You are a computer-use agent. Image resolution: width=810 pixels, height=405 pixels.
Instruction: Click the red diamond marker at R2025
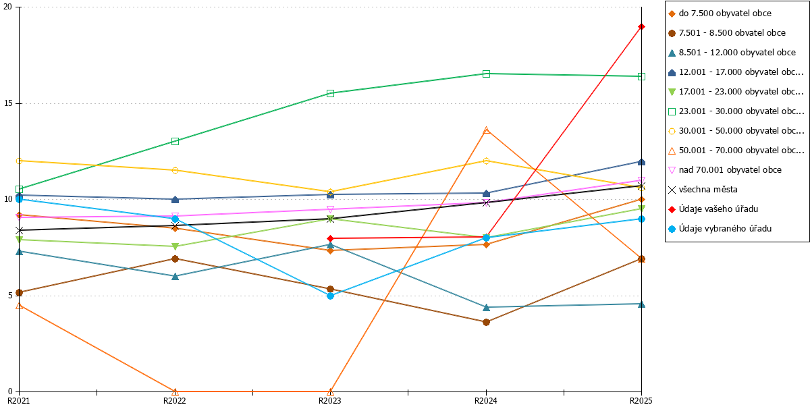[x=641, y=27]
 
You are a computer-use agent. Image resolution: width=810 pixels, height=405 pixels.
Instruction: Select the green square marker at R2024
[x=487, y=74]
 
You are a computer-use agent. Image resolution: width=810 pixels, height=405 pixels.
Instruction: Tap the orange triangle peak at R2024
[x=487, y=130]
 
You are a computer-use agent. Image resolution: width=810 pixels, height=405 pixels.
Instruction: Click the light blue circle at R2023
[x=330, y=296]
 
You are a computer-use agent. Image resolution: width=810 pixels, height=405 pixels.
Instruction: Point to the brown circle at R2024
[x=487, y=322]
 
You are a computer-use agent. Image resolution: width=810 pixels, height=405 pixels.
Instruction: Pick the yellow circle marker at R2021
[x=20, y=161]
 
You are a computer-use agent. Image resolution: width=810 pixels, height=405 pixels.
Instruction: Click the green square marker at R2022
[x=175, y=141]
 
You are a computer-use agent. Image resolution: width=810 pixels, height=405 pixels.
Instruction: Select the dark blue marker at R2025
[x=641, y=162]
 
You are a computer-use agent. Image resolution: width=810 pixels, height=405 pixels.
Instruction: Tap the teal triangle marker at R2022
[x=175, y=277]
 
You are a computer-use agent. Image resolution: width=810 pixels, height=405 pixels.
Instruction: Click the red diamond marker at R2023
[x=330, y=238]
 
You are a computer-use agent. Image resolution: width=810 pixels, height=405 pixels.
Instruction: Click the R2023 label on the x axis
[x=330, y=401]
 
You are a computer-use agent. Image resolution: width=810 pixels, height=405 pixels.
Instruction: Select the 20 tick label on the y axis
[x=7, y=7]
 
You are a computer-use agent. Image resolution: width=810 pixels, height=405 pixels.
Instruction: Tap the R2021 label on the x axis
[x=19, y=401]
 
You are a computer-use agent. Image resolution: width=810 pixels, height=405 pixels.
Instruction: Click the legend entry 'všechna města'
[x=708, y=190]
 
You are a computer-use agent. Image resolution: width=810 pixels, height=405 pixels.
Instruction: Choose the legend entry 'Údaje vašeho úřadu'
[x=718, y=209]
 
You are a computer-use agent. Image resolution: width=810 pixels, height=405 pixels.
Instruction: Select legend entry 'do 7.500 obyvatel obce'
[x=725, y=13]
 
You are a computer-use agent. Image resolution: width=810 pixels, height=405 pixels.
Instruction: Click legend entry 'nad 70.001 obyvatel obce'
[x=730, y=170]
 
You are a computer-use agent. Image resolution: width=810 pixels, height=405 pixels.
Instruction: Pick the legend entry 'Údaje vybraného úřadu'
[x=725, y=229]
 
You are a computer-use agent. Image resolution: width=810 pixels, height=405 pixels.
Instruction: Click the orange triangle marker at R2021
[x=20, y=306]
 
